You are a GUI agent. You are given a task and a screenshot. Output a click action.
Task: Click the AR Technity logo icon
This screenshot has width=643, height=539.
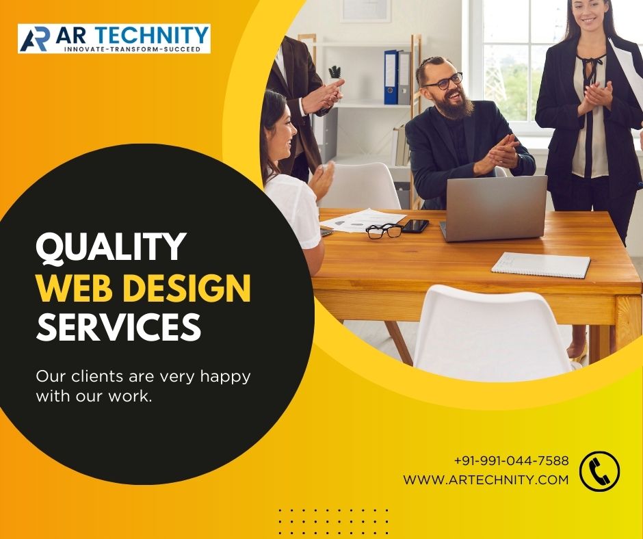pos(34,40)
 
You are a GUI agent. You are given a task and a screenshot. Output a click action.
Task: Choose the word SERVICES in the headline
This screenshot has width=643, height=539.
pos(118,327)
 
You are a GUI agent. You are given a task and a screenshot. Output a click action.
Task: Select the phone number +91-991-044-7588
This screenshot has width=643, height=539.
pos(511,460)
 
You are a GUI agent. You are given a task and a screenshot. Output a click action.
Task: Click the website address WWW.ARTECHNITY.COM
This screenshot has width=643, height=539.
pos(486,479)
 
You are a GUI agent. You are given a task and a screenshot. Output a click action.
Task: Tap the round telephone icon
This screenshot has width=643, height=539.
pos(599,471)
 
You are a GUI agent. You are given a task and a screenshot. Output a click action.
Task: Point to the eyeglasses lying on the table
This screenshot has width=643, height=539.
pos(384,231)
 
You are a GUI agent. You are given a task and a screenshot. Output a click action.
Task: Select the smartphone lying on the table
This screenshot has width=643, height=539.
pos(415,226)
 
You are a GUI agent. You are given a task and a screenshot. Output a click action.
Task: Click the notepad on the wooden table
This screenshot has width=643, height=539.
pos(540,265)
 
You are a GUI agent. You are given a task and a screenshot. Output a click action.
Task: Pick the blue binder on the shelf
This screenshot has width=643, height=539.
pos(391,77)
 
